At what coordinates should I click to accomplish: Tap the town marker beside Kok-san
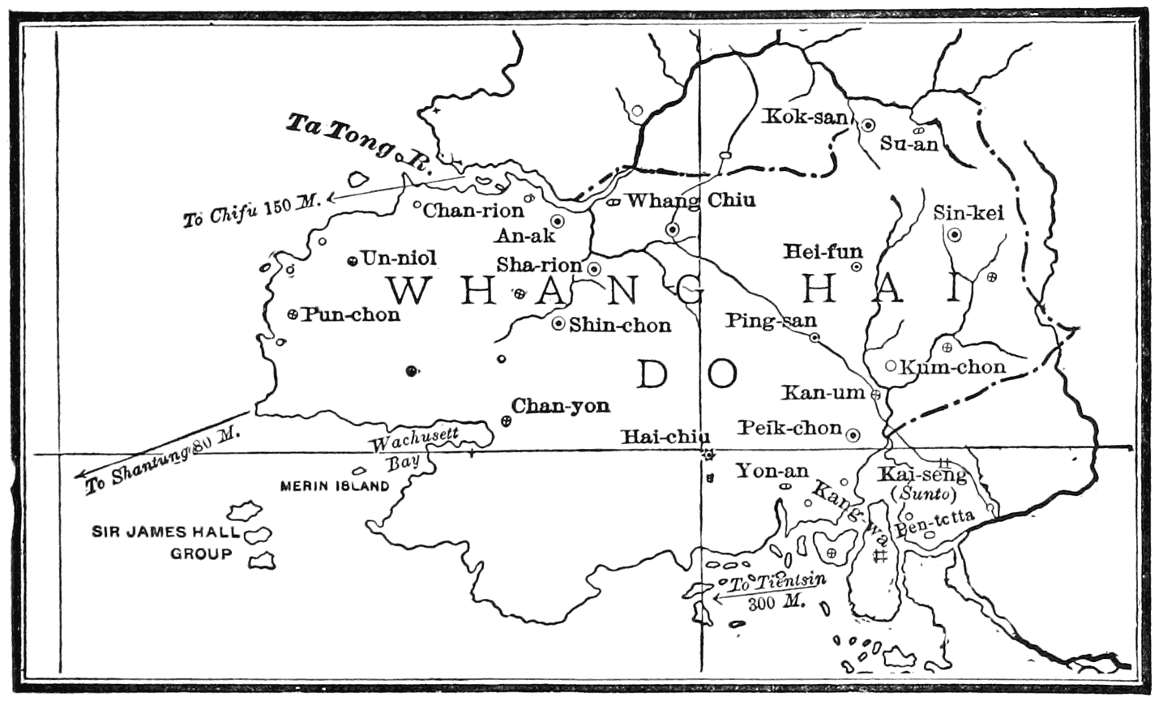tap(867, 125)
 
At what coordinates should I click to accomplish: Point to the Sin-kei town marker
tap(955, 235)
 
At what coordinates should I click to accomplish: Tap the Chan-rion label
tap(474, 211)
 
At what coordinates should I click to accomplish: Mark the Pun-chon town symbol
tap(293, 314)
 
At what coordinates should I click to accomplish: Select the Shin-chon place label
tap(620, 326)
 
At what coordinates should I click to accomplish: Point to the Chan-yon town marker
tap(507, 420)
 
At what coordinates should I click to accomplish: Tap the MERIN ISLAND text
tap(335, 486)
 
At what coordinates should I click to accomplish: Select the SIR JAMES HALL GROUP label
tap(166, 543)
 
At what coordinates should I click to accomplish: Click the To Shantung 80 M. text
tap(162, 459)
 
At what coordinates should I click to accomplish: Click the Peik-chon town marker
tap(853, 435)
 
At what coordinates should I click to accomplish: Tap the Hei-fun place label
tap(823, 252)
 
